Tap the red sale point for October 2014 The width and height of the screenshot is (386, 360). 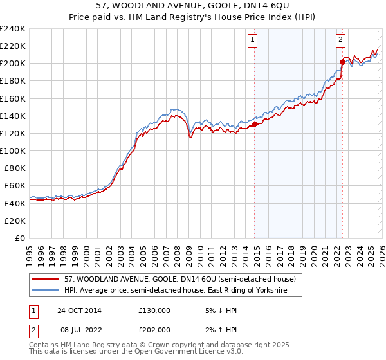[255, 125]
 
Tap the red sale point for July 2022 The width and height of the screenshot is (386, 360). [342, 62]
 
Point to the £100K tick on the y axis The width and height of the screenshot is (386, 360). [14, 150]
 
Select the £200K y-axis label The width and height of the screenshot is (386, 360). [14, 64]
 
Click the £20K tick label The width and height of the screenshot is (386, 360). [16, 221]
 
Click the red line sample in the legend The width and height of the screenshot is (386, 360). [46, 280]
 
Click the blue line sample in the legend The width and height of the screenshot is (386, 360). [46, 291]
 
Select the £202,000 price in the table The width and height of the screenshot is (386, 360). [154, 329]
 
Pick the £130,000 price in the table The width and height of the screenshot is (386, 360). [154, 310]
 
